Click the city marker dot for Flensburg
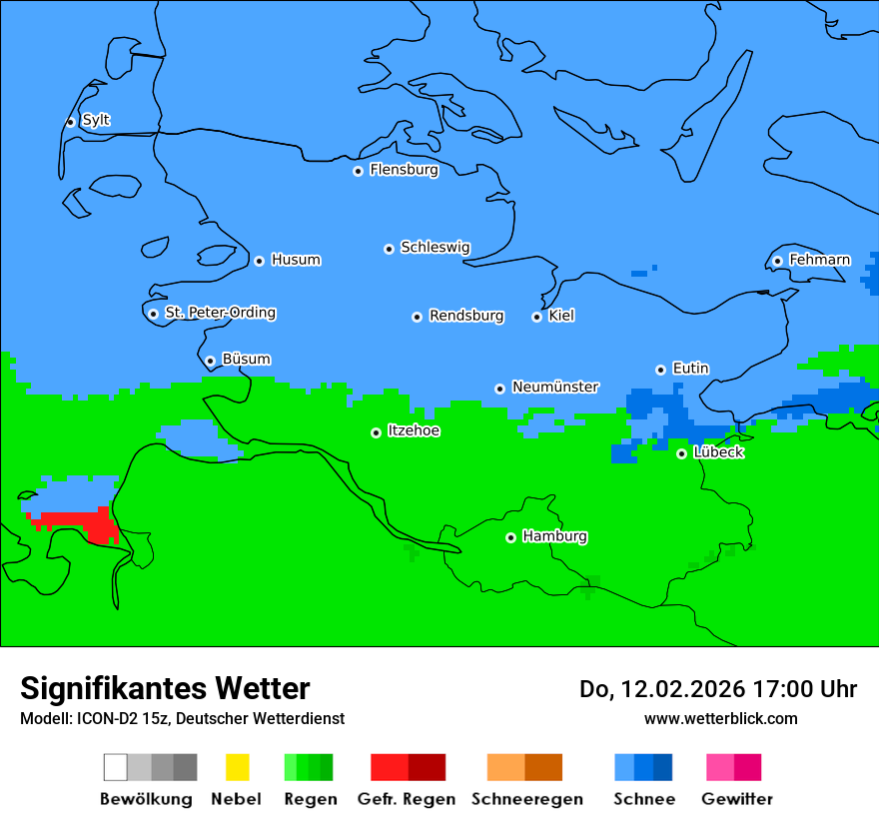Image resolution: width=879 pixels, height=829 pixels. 358,171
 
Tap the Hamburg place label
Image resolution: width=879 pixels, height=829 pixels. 555,536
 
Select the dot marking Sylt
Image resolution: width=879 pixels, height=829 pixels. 70,122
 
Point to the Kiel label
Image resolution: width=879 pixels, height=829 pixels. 561,316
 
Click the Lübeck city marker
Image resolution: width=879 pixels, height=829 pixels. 681,453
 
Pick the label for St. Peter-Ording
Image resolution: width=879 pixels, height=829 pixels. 220,313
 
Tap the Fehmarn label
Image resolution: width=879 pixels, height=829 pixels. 819,260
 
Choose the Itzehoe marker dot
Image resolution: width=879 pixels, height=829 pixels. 376,432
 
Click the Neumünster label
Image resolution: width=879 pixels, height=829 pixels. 555,387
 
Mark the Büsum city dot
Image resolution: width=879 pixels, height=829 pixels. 210,361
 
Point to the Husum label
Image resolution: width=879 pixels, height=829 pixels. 296,260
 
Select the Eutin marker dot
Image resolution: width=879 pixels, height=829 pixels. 660,370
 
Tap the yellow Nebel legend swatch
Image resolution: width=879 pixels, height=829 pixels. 237,767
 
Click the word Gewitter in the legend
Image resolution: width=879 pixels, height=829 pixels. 737,799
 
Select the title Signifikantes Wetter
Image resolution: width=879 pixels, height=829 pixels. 165,688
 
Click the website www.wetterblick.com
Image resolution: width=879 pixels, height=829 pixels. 720,718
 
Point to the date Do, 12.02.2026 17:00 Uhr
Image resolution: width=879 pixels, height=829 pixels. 717,689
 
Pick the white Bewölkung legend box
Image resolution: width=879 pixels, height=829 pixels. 116,767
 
